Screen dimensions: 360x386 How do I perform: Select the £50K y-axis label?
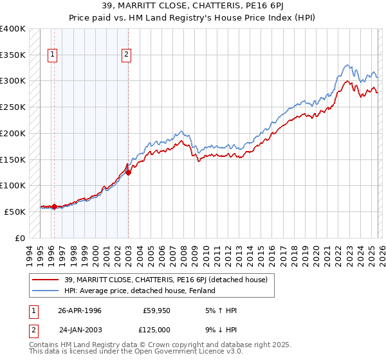[x=15, y=212]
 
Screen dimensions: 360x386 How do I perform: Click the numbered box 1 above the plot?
[x=52, y=55]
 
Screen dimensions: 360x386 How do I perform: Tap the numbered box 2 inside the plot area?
[x=127, y=55]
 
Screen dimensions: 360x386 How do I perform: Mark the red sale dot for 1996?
[x=54, y=206]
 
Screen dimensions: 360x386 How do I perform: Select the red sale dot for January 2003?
[x=128, y=172]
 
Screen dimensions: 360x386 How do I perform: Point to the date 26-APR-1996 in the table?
[x=80, y=310]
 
